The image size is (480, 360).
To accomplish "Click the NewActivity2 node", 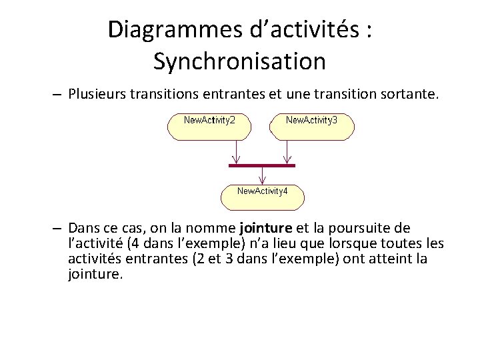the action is pos(208,126).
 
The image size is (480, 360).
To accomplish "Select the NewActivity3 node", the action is pos(311,126).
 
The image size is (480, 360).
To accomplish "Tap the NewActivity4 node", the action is pos(263,196).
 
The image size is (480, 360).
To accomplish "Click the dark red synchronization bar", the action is pos(261,165).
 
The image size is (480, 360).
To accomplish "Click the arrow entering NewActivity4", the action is pos(263,175).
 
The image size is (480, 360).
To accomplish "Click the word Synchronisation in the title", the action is pos(239,61).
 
